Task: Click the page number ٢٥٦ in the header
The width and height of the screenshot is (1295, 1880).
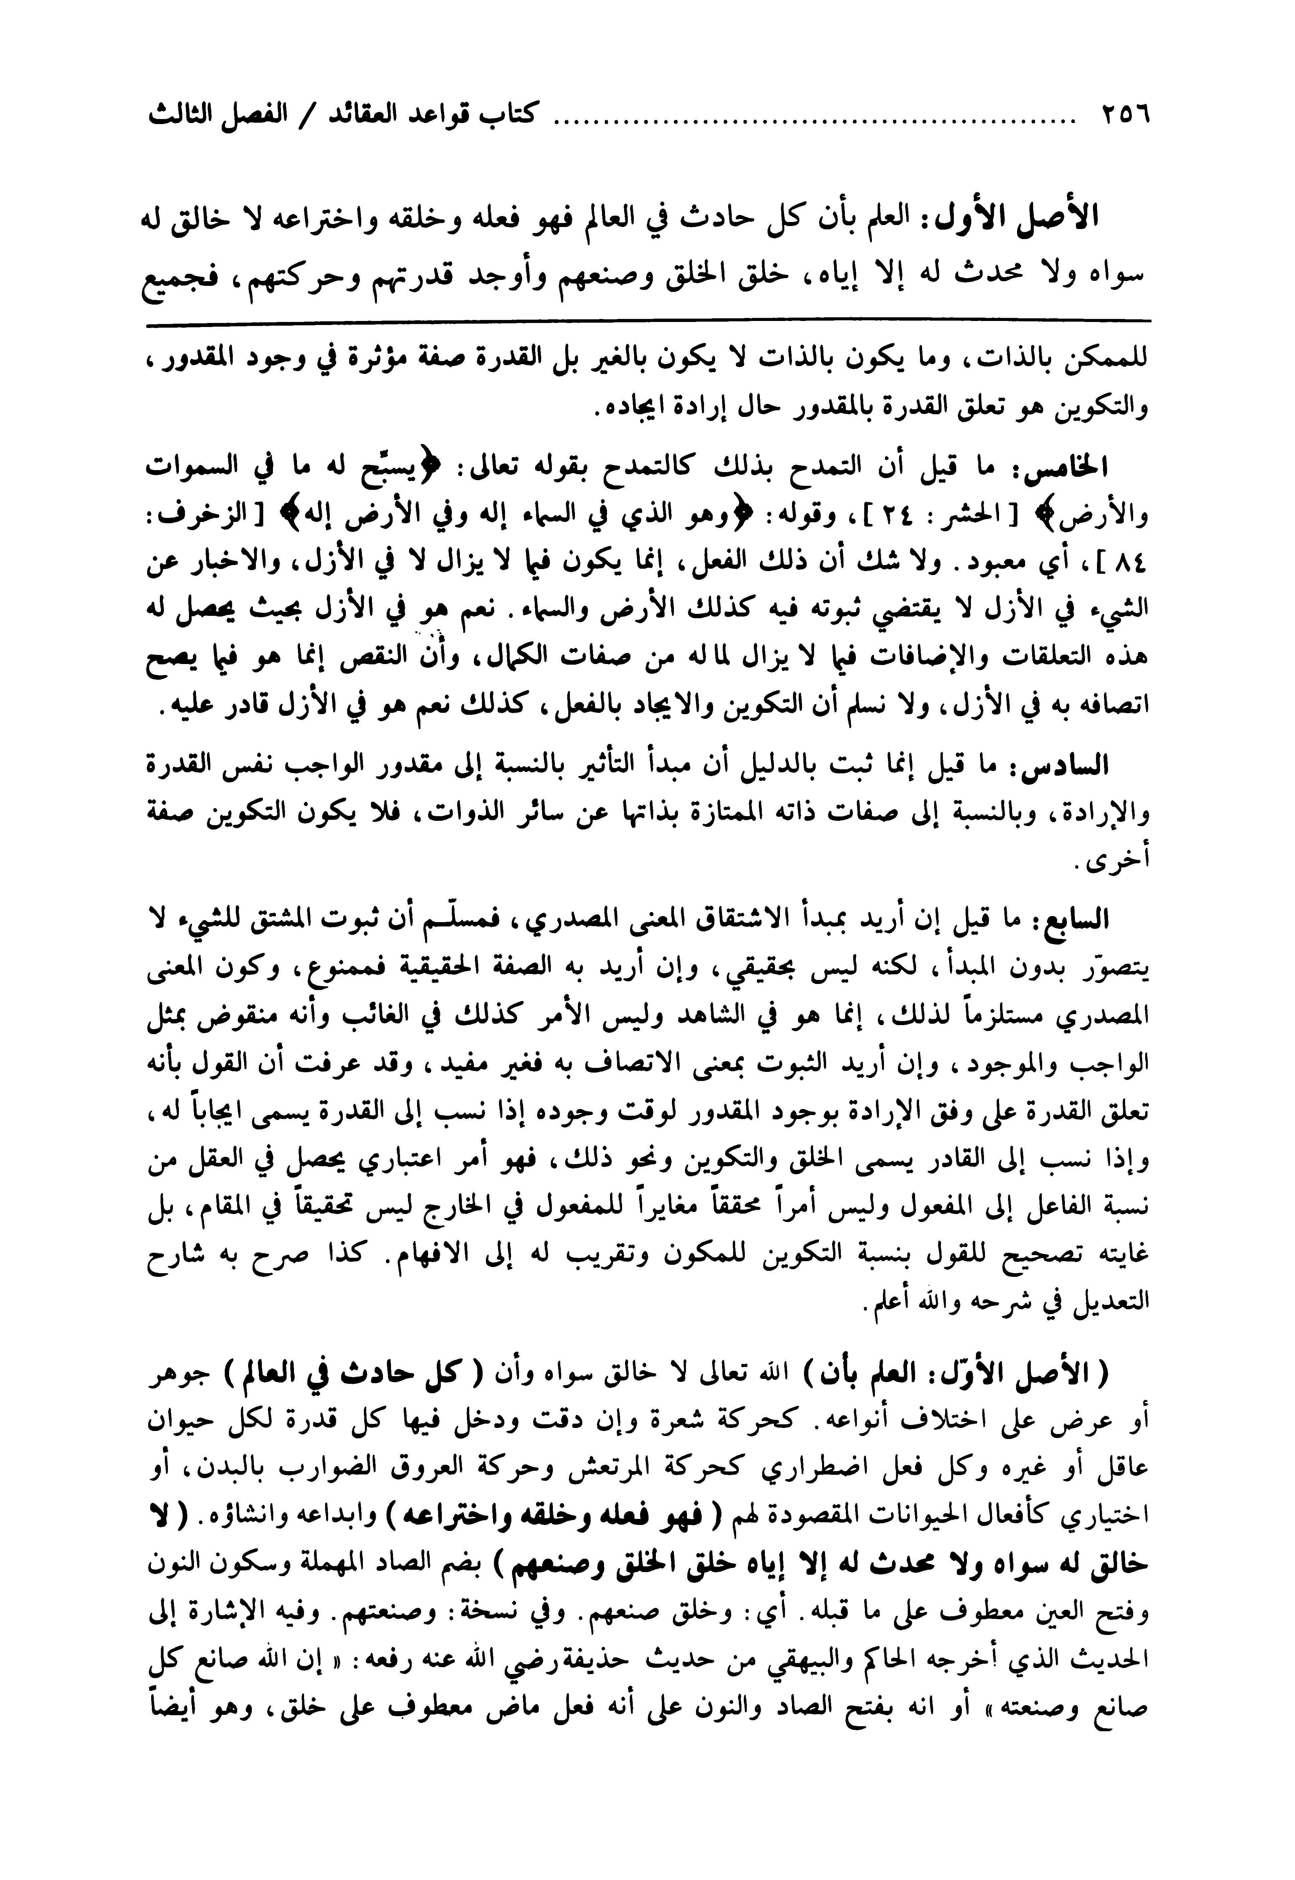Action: (x=1125, y=115)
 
